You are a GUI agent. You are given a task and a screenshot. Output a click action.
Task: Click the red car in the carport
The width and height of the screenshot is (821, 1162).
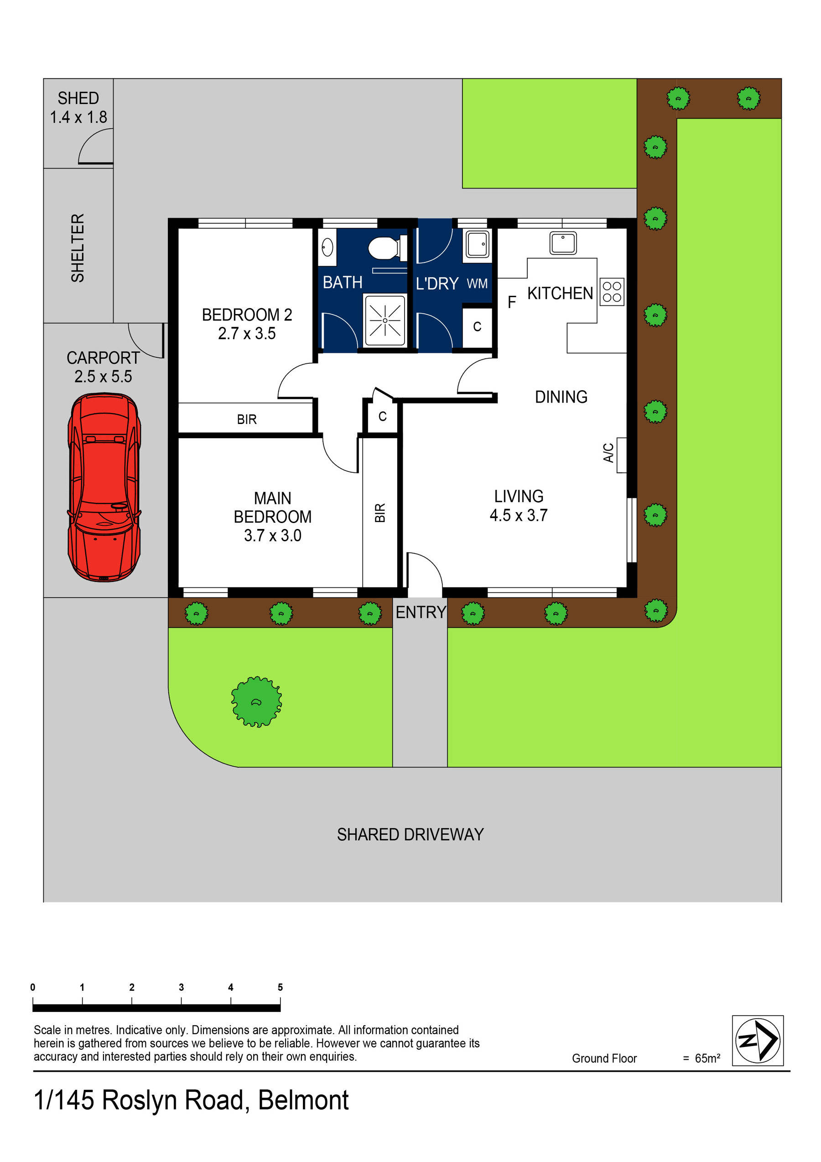[104, 487]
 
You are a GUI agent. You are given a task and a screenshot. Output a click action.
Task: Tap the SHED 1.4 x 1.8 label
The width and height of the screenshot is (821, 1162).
[78, 108]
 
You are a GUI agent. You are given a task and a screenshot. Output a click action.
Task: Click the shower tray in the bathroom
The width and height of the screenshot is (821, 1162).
[385, 321]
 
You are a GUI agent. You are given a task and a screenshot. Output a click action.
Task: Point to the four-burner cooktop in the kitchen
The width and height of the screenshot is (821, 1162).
[612, 292]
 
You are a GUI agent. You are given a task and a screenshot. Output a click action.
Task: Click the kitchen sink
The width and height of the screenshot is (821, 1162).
[562, 243]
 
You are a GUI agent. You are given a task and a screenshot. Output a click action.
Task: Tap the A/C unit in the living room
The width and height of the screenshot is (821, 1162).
[621, 455]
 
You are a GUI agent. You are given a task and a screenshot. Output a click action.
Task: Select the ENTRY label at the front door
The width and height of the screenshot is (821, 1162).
[421, 612]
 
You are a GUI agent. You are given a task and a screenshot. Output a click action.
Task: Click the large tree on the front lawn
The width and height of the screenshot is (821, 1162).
[256, 701]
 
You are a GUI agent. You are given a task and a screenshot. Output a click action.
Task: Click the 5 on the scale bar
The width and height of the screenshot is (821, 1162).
[280, 987]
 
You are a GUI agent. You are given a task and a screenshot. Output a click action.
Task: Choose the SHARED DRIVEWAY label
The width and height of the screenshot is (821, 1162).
[410, 835]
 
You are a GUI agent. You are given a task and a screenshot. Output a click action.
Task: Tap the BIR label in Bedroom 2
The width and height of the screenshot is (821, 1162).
[247, 419]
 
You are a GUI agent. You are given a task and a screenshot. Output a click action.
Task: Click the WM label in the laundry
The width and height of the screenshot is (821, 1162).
[477, 283]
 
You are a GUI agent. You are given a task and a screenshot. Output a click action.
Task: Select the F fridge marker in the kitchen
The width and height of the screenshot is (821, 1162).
[511, 302]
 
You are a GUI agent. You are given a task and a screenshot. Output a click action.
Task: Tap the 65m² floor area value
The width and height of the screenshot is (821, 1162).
[707, 1058]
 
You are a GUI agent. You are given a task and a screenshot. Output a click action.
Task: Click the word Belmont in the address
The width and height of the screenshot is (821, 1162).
[303, 1100]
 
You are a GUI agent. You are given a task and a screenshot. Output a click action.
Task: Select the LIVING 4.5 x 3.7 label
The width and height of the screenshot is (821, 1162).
[519, 505]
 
